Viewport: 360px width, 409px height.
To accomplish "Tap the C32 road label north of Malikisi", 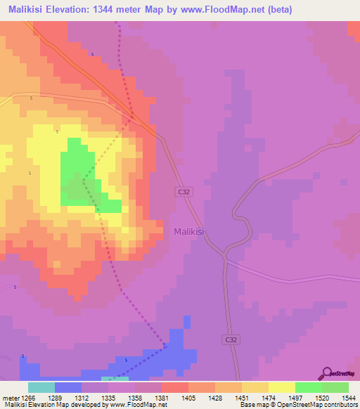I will pyautogui.click(x=183, y=190).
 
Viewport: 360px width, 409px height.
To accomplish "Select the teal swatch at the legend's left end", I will pyautogui.click(x=41, y=387).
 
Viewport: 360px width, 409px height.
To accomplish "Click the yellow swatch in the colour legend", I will pyautogui.click(x=281, y=387).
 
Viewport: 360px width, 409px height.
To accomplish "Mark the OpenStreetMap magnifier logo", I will pyautogui.click(x=326, y=373).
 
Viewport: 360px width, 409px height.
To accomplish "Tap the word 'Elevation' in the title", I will pyautogui.click(x=78, y=10).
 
